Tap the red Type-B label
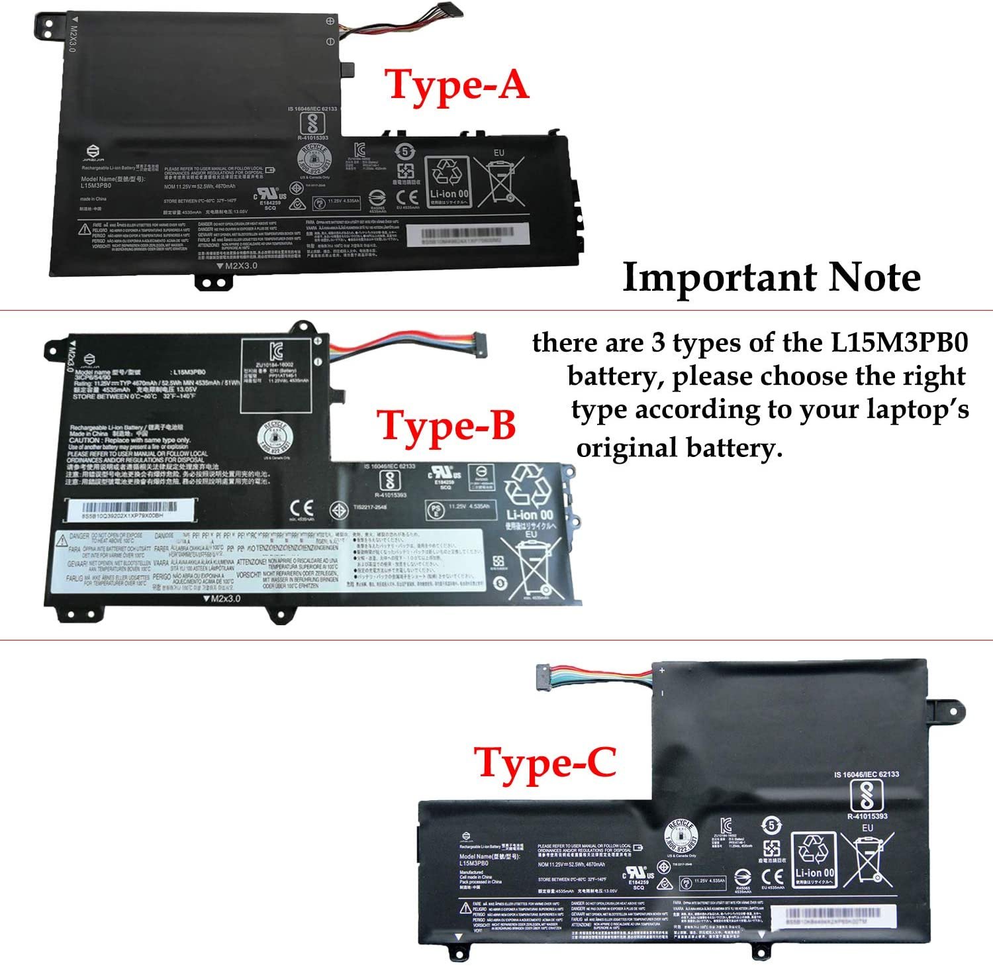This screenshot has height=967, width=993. point(446,425)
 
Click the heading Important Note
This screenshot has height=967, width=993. point(771,278)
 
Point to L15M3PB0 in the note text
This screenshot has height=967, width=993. point(899,343)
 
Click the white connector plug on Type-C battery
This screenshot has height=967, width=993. point(547,676)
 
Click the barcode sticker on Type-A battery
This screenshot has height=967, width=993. point(467,235)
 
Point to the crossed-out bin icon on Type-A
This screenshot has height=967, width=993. point(499,180)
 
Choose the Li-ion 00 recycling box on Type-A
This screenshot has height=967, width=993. point(448,181)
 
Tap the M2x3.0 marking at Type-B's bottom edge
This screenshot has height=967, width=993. point(222,598)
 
